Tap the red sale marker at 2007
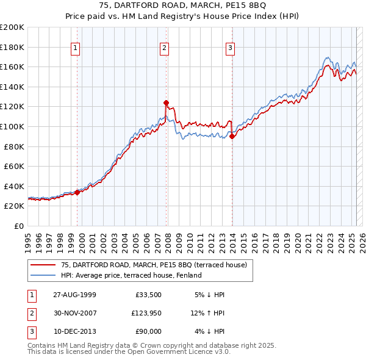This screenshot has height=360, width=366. [x=166, y=103]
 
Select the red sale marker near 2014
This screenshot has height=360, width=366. [x=232, y=137]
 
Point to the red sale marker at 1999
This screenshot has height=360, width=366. [x=77, y=192]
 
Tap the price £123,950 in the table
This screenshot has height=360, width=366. [x=146, y=313]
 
